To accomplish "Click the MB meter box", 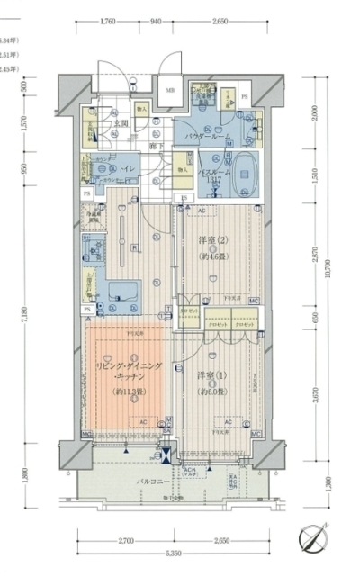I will [169, 90].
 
